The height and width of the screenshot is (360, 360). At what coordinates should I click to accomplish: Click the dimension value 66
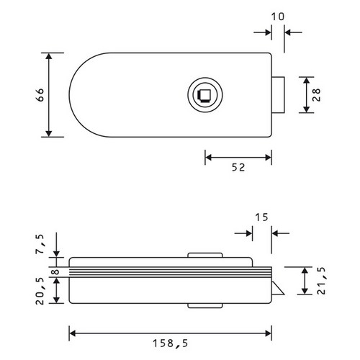[x=41, y=95]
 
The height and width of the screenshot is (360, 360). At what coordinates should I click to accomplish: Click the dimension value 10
[x=278, y=17]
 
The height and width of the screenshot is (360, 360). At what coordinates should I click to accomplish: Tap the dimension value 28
[x=317, y=95]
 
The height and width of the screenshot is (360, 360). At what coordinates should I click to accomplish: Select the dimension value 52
[x=238, y=168]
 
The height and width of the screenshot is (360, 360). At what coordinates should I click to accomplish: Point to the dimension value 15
[x=261, y=217]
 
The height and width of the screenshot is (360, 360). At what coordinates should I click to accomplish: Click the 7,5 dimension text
[x=40, y=244]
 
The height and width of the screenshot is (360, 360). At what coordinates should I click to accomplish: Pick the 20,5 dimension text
[x=40, y=291]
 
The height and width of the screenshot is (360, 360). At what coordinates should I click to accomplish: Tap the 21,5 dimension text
[x=321, y=281]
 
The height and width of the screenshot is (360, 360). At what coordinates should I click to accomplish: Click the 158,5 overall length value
[x=171, y=343]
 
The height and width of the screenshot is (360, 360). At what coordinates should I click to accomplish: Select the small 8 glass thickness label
[x=55, y=272]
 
